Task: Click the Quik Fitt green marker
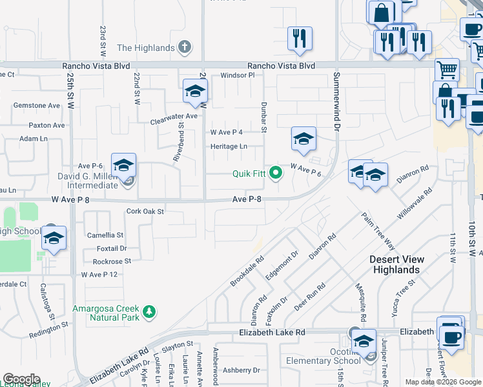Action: pyautogui.click(x=276, y=172)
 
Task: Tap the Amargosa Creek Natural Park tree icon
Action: pyautogui.click(x=150, y=313)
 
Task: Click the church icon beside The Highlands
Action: pyautogui.click(x=185, y=48)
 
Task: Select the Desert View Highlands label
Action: pyautogui.click(x=396, y=264)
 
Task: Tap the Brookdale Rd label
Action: pyautogui.click(x=247, y=273)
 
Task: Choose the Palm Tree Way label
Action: pyautogui.click(x=378, y=232)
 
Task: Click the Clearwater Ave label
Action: pyautogui.click(x=174, y=116)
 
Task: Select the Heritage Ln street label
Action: pyautogui.click(x=229, y=146)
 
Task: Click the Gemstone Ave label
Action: pyautogui.click(x=36, y=105)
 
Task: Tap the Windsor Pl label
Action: pyautogui.click(x=238, y=75)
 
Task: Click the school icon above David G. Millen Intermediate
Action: pyautogui.click(x=123, y=166)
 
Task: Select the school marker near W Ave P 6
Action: pyautogui.click(x=303, y=139)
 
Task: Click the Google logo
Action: pyautogui.click(x=21, y=379)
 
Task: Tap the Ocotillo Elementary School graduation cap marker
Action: pyautogui.click(x=364, y=340)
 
